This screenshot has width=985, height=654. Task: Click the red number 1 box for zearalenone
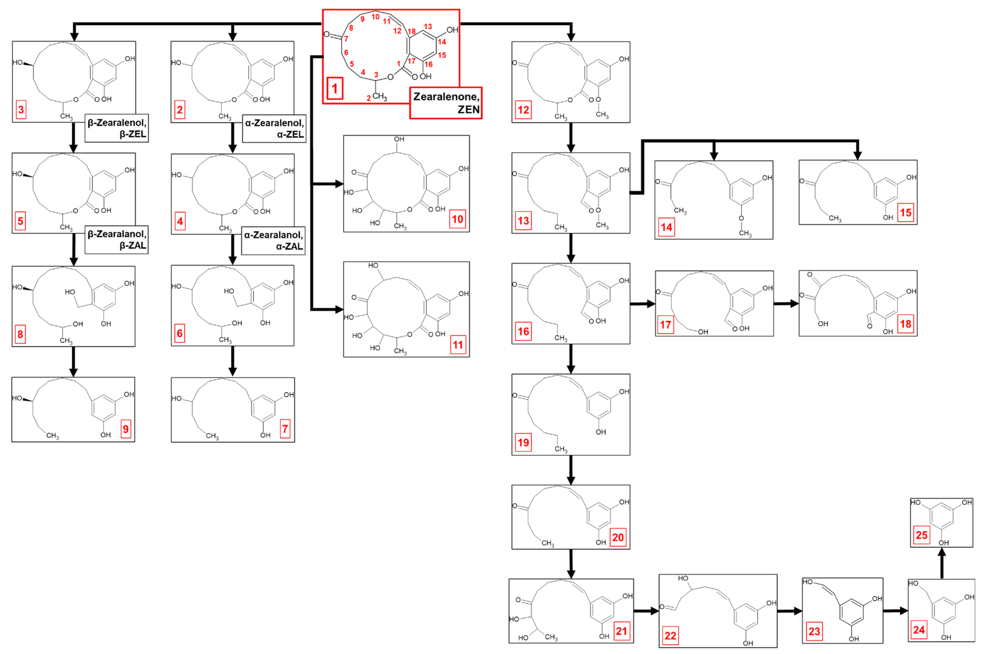click(x=335, y=88)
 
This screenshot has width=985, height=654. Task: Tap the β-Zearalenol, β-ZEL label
click(x=117, y=128)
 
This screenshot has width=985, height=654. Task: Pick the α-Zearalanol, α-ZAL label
click(x=273, y=241)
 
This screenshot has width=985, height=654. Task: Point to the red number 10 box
click(x=458, y=219)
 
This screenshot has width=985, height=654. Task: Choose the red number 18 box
click(x=905, y=324)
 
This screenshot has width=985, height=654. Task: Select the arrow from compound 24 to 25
click(x=942, y=564)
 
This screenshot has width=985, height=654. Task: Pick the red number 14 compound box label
click(x=666, y=227)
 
